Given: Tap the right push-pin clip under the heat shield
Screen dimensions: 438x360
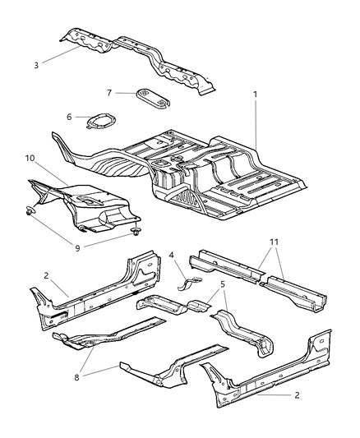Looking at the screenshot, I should (x=132, y=233).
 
